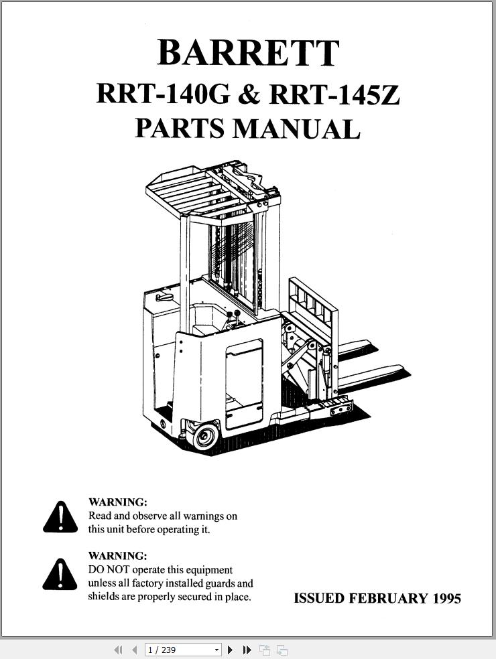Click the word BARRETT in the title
tap(248, 53)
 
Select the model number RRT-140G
tap(164, 94)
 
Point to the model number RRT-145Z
tap(334, 94)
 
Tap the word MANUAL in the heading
tap(296, 129)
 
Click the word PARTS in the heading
tap(179, 129)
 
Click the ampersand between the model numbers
tap(249, 95)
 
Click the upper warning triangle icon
tap(60, 518)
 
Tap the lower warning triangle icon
tap(60, 575)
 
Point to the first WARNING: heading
tap(118, 502)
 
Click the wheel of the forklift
tap(205, 436)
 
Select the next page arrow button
tap(230, 650)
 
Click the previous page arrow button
tap(135, 650)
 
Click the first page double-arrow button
tap(118, 650)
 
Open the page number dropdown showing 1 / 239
tap(182, 650)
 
